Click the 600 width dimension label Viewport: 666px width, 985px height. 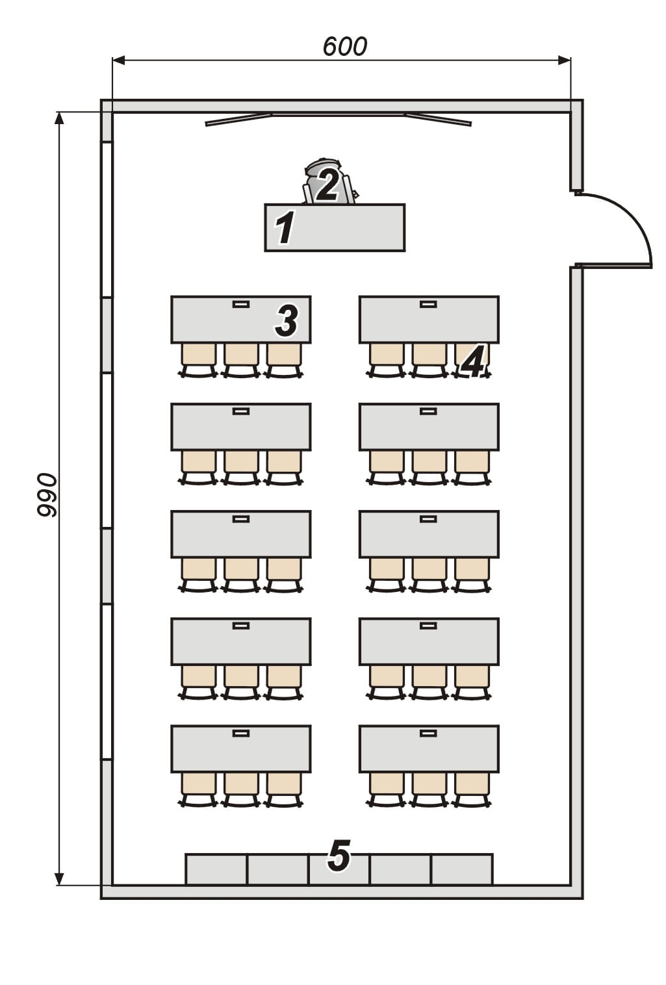pyautogui.click(x=344, y=47)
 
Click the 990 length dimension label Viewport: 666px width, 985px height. pyautogui.click(x=47, y=494)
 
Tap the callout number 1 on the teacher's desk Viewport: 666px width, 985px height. pyautogui.click(x=285, y=227)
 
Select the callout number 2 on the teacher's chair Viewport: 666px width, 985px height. pyautogui.click(x=327, y=186)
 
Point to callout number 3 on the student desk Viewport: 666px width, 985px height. pyautogui.click(x=287, y=321)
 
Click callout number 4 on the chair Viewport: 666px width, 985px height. pyautogui.click(x=472, y=361)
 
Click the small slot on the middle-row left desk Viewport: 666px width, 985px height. pyautogui.click(x=241, y=519)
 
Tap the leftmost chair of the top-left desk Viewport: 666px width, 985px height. pyautogui.click(x=198, y=361)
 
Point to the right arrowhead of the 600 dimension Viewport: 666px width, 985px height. pyautogui.click(x=565, y=60)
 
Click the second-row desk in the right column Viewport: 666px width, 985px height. pyautogui.click(x=429, y=427)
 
